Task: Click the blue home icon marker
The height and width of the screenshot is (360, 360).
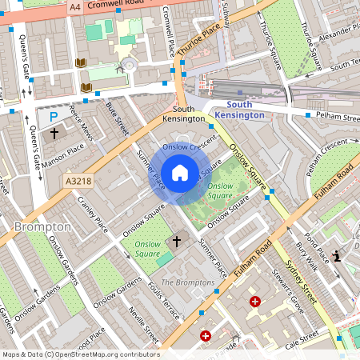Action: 180,172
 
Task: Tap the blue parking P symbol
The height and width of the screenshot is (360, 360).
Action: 53,116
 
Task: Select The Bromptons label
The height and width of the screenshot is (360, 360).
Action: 188,282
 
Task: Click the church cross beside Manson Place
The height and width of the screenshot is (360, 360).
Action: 55,134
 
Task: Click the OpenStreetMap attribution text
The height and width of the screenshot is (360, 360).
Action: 80,354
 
